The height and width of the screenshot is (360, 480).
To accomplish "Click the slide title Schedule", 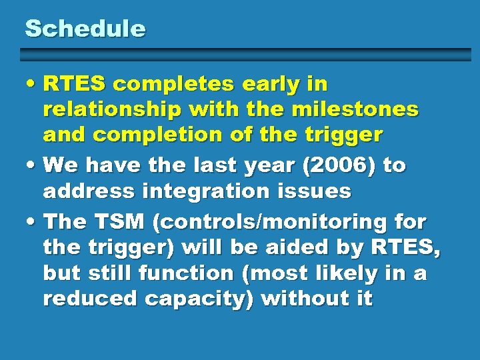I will coord(85,29).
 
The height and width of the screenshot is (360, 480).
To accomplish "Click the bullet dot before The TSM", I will coord(32,221).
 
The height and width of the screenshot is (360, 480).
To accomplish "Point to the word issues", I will coord(317,192).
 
